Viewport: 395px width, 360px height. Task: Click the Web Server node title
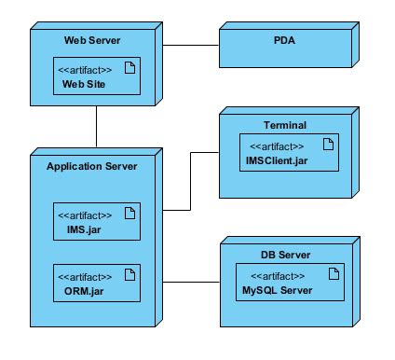[x=91, y=41]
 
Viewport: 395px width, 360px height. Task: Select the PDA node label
[x=285, y=41]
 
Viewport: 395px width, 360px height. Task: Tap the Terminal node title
[x=284, y=124]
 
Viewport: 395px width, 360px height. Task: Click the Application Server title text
[x=91, y=166]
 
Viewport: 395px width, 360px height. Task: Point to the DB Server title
[x=285, y=255]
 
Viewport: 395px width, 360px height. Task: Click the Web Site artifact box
[x=95, y=76]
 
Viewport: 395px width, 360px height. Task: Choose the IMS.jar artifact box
[x=95, y=221]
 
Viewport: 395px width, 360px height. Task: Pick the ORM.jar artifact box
[x=95, y=283]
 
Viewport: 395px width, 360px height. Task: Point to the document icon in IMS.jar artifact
[x=130, y=214]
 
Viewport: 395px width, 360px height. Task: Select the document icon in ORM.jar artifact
[x=130, y=275]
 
